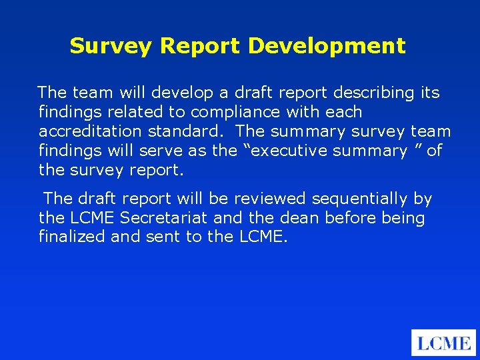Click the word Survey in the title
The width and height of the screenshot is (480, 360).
111,46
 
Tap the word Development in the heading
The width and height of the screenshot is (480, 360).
327,46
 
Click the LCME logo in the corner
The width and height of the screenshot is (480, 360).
444,343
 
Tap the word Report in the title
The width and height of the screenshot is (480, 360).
201,46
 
